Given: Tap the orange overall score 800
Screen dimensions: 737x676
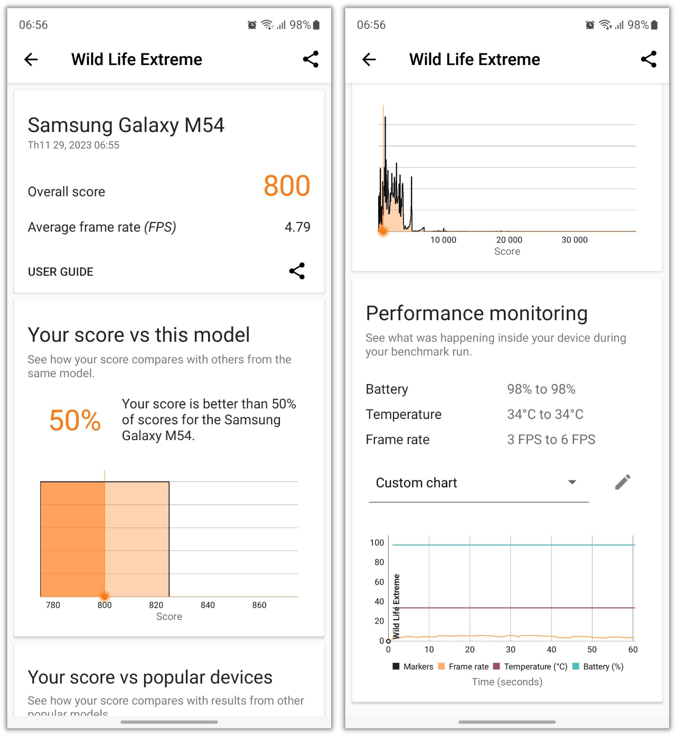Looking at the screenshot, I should click(287, 186).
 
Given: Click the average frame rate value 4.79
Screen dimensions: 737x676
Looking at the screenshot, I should click(297, 227).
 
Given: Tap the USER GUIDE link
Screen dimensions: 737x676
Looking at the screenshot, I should click(61, 272).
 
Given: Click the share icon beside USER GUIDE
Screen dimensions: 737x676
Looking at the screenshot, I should click(297, 271).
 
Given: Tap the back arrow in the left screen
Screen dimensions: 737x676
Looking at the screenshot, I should click(32, 59).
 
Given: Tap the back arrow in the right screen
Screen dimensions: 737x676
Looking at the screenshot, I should click(369, 59).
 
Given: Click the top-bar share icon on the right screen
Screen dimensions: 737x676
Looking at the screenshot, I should click(649, 59).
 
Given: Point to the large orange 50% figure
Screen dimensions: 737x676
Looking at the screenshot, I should click(75, 421).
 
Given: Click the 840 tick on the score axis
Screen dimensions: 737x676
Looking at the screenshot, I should click(208, 605).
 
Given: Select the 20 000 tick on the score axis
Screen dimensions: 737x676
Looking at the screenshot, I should click(509, 240).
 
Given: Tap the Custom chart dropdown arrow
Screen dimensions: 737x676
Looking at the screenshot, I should click(572, 482).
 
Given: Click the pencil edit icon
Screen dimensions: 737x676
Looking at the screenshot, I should click(623, 482).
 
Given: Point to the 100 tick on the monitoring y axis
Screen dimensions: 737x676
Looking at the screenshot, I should click(377, 543).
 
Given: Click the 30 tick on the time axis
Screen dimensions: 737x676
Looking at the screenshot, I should click(511, 649).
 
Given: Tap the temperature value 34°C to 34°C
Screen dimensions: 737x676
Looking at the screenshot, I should click(545, 414).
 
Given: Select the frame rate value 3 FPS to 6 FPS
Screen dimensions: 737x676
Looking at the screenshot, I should click(551, 440).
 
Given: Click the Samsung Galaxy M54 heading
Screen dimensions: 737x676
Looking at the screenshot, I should click(126, 125).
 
